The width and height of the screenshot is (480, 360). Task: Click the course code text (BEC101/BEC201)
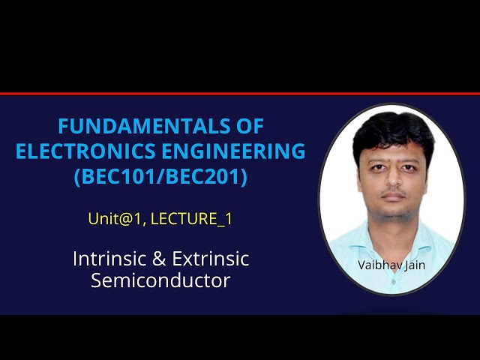160,178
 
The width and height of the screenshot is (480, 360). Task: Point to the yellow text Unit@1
109,220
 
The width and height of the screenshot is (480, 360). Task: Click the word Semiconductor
160,281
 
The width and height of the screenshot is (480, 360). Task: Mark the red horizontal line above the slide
240,94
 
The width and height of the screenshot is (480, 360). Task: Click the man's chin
392,212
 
